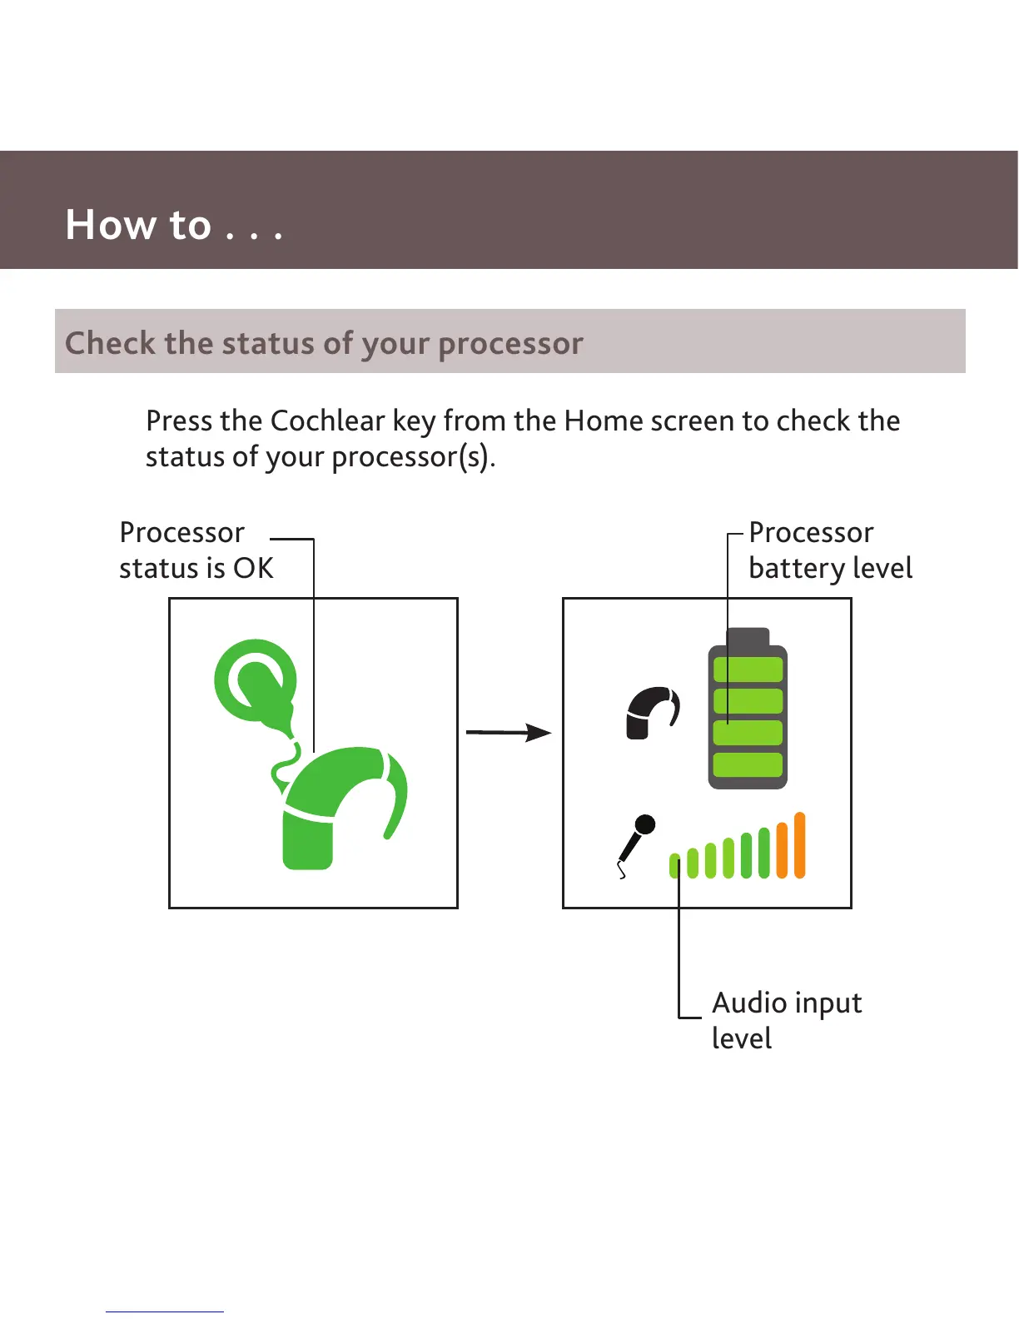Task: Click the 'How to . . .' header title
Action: [x=174, y=225]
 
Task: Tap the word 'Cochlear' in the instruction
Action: [x=327, y=421]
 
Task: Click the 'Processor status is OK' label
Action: [x=196, y=550]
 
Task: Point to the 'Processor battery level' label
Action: [x=830, y=550]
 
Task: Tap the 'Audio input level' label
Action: [x=786, y=1020]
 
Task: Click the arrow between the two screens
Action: [x=508, y=733]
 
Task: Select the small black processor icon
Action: [x=652, y=714]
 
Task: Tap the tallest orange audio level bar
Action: [x=800, y=845]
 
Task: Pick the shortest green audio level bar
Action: [x=675, y=866]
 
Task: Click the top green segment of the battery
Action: [x=748, y=669]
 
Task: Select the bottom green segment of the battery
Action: [x=748, y=764]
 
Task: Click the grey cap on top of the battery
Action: [x=748, y=637]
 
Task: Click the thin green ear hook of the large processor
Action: [x=398, y=795]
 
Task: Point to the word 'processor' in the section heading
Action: [x=510, y=343]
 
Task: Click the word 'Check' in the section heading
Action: [x=110, y=343]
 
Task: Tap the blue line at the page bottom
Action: [x=165, y=1312]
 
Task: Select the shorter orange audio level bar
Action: [x=782, y=850]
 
